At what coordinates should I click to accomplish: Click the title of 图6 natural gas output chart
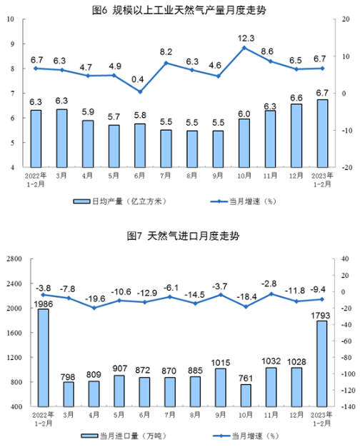pos(179,10)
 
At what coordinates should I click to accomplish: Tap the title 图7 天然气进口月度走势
pos(183,236)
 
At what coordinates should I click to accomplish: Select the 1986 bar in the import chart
pos(44,358)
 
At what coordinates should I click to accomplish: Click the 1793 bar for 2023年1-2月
pos(321,363)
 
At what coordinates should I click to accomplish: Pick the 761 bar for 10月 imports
pos(246,396)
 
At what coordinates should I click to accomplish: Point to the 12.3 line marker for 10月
pos(244,48)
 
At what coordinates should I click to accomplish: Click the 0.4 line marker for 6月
pos(140,92)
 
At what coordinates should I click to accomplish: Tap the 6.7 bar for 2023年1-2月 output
pos(323,134)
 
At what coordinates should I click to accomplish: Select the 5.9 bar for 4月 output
pos(88,144)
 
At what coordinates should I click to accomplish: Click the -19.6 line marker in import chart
pos(94,308)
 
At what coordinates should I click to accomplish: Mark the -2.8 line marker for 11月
pos(271,294)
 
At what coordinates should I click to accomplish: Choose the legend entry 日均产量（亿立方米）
pos(120,201)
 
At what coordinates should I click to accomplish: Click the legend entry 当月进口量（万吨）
pos(124,436)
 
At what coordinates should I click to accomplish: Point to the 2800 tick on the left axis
pos(14,259)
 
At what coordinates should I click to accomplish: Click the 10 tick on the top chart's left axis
pos(11,19)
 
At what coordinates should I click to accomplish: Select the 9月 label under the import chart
pos(221,415)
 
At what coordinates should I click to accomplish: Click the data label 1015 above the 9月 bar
pos(221,363)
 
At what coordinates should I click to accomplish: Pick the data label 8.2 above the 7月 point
pos(166,52)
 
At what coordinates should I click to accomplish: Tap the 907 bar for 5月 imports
pos(119,391)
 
